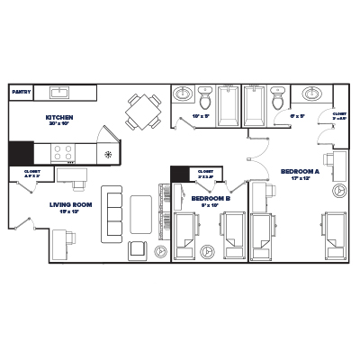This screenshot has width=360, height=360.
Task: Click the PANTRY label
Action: [x=20, y=92]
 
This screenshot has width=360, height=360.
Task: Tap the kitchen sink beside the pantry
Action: [x=61, y=92]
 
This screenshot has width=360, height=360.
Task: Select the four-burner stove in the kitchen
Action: [x=63, y=151]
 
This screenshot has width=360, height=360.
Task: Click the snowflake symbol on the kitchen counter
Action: [x=108, y=155]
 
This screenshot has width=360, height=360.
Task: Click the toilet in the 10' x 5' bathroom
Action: [x=205, y=95]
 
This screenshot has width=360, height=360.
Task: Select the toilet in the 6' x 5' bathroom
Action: [x=277, y=95]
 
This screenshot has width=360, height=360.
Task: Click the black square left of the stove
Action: [x=20, y=151]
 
